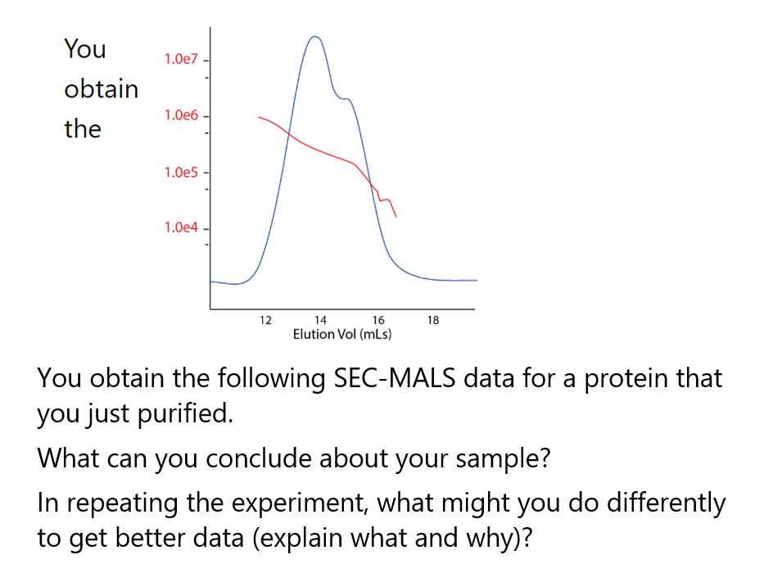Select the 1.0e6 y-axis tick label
pyautogui.click(x=181, y=115)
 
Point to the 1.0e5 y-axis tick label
pyautogui.click(x=181, y=173)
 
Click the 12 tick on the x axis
pyautogui.click(x=264, y=320)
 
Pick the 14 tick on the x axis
pyautogui.click(x=320, y=320)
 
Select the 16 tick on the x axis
pyautogui.click(x=377, y=320)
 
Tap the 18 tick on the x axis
pyautogui.click(x=433, y=320)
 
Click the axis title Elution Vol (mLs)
pyautogui.click(x=342, y=334)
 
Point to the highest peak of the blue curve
pyautogui.click(x=314, y=37)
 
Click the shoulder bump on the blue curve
pyautogui.click(x=346, y=99)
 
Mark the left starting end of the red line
pyautogui.click(x=260, y=117)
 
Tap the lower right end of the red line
pyautogui.click(x=396, y=216)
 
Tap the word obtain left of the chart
pyautogui.click(x=102, y=88)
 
